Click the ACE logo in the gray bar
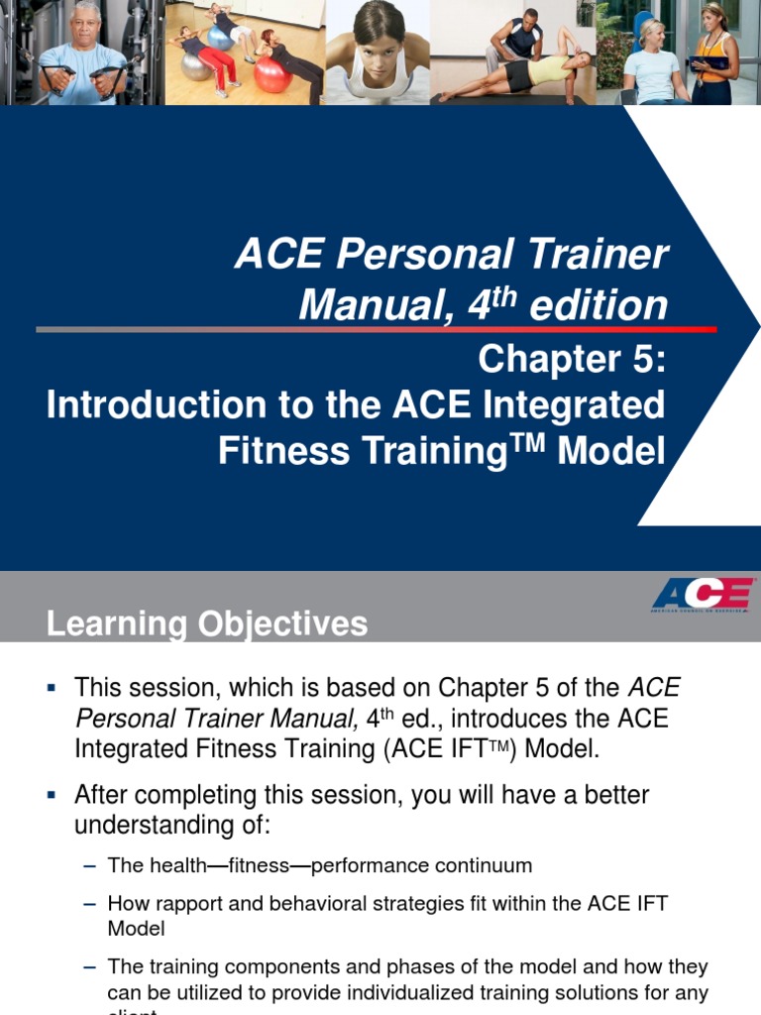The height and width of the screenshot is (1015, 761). point(701,595)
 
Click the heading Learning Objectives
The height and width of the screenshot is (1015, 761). point(206,623)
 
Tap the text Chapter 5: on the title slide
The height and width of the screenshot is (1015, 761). point(572,359)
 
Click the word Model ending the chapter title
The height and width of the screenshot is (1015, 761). point(611,451)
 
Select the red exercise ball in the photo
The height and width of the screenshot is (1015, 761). point(272,75)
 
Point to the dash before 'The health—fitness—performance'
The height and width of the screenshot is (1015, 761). point(90,865)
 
